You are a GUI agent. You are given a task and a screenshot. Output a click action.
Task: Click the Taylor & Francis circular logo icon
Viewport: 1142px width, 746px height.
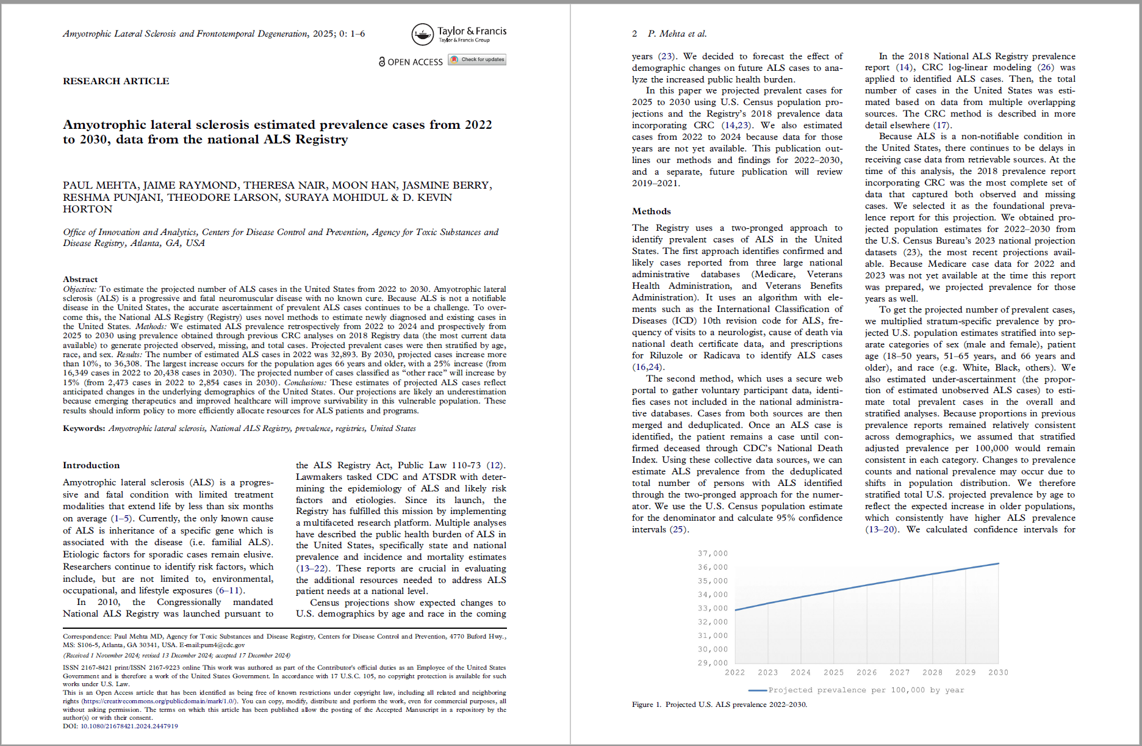[422, 35]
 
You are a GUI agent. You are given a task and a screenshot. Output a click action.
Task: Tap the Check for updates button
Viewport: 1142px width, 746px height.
[478, 60]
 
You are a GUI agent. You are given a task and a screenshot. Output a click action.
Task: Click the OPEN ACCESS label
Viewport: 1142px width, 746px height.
[411, 62]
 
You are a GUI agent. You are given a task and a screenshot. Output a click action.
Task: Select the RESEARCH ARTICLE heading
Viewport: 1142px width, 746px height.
[116, 81]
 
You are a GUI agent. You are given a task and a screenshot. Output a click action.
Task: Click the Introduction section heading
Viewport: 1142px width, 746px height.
[92, 465]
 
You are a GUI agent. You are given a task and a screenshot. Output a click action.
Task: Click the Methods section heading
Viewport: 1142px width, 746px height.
[651, 211]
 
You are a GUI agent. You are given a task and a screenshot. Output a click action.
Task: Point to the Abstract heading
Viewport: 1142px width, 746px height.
[80, 279]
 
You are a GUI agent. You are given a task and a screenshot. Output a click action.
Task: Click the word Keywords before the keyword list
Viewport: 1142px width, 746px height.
[84, 429]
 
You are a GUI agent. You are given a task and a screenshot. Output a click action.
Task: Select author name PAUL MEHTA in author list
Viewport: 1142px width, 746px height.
[99, 185]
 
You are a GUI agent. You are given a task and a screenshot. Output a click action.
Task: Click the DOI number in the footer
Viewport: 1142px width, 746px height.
[129, 726]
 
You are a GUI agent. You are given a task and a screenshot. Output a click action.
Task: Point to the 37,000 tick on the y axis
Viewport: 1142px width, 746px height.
[713, 554]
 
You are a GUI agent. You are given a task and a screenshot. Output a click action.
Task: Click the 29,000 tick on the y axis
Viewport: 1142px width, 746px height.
[713, 663]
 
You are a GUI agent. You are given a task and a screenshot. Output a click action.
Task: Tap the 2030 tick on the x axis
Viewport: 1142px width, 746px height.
[998, 673]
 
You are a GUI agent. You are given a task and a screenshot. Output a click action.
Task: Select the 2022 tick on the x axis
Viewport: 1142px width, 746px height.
[734, 673]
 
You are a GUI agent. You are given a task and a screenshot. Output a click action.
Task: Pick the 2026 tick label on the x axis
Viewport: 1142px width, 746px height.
[866, 673]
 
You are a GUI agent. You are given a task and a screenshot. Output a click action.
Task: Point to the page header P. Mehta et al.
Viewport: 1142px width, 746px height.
[677, 34]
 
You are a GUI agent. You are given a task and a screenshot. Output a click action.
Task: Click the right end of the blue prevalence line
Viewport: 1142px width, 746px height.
[998, 563]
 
